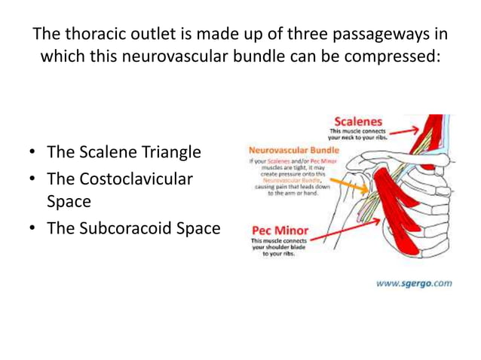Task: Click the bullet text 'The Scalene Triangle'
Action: tap(124, 152)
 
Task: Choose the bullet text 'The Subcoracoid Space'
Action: tap(133, 227)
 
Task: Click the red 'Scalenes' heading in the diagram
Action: tap(358, 121)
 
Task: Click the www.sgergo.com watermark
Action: tap(414, 283)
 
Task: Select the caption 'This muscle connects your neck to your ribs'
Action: tap(357, 135)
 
